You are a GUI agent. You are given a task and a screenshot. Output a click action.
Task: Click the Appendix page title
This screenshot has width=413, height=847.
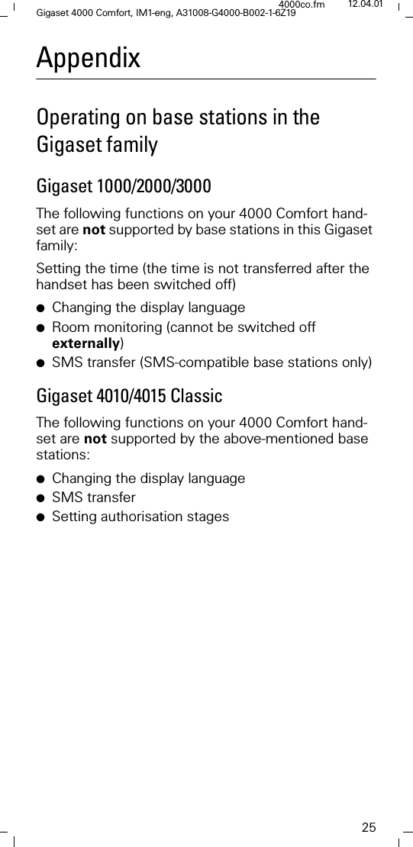pyautogui.click(x=89, y=58)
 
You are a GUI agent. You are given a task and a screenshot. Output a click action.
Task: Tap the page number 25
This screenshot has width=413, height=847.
pyautogui.click(x=369, y=827)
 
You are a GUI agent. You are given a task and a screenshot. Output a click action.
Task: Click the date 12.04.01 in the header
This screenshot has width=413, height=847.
pyautogui.click(x=365, y=5)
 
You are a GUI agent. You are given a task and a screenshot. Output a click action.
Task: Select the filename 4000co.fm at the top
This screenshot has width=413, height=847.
pyautogui.click(x=302, y=5)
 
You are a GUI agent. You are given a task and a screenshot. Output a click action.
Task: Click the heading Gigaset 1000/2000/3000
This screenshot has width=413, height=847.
pyautogui.click(x=124, y=186)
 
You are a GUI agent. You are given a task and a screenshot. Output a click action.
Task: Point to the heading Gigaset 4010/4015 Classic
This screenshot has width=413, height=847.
pyautogui.click(x=130, y=396)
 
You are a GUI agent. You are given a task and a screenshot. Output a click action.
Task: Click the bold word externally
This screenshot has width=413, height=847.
pyautogui.click(x=86, y=343)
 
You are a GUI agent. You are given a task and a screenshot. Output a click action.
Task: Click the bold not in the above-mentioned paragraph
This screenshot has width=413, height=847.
pyautogui.click(x=95, y=440)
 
